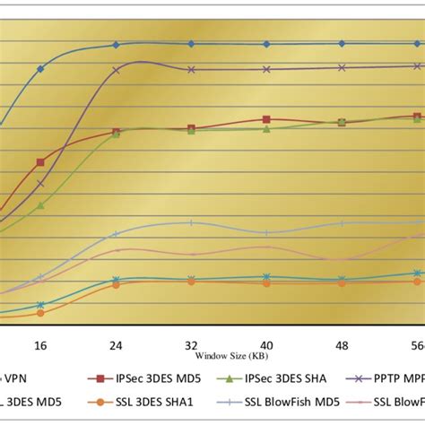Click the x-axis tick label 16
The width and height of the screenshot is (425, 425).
(40, 344)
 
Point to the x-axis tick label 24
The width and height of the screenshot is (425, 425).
(116, 344)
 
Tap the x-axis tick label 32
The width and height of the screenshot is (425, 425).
(191, 344)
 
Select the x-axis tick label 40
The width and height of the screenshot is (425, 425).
(266, 344)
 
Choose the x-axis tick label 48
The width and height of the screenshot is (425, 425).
(342, 344)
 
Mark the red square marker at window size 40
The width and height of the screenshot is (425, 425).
(266, 119)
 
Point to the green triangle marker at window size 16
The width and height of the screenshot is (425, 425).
(40, 205)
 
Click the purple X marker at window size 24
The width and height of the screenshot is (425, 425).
(116, 69)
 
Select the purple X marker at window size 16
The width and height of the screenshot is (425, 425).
(40, 184)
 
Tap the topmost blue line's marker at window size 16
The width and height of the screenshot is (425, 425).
(40, 68)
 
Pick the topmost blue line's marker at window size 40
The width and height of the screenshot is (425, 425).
(266, 44)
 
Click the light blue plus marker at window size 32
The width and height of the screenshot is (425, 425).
(191, 223)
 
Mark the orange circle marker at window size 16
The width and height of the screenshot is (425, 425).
(40, 313)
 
